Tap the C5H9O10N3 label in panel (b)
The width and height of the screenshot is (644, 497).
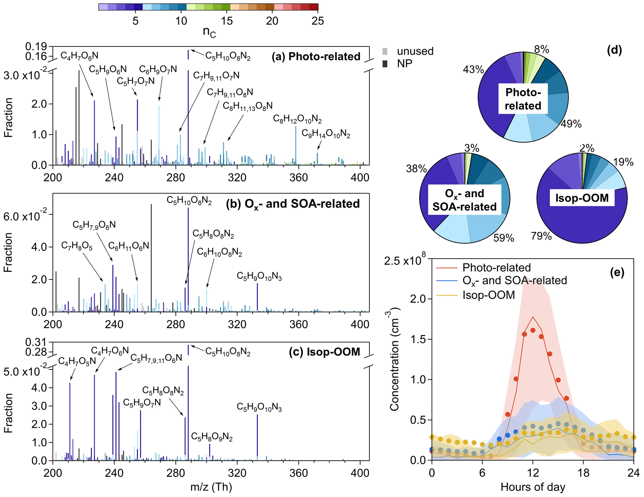[259, 276]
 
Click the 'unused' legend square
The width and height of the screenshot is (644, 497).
[385, 51]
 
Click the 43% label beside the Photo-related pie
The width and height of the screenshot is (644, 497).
[473, 70]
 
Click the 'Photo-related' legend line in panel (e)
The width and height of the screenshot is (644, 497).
[446, 268]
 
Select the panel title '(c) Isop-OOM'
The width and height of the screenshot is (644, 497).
[324, 352]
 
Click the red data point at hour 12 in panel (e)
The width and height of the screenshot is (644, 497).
[533, 330]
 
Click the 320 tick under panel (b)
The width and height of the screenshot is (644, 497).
[237, 324]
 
